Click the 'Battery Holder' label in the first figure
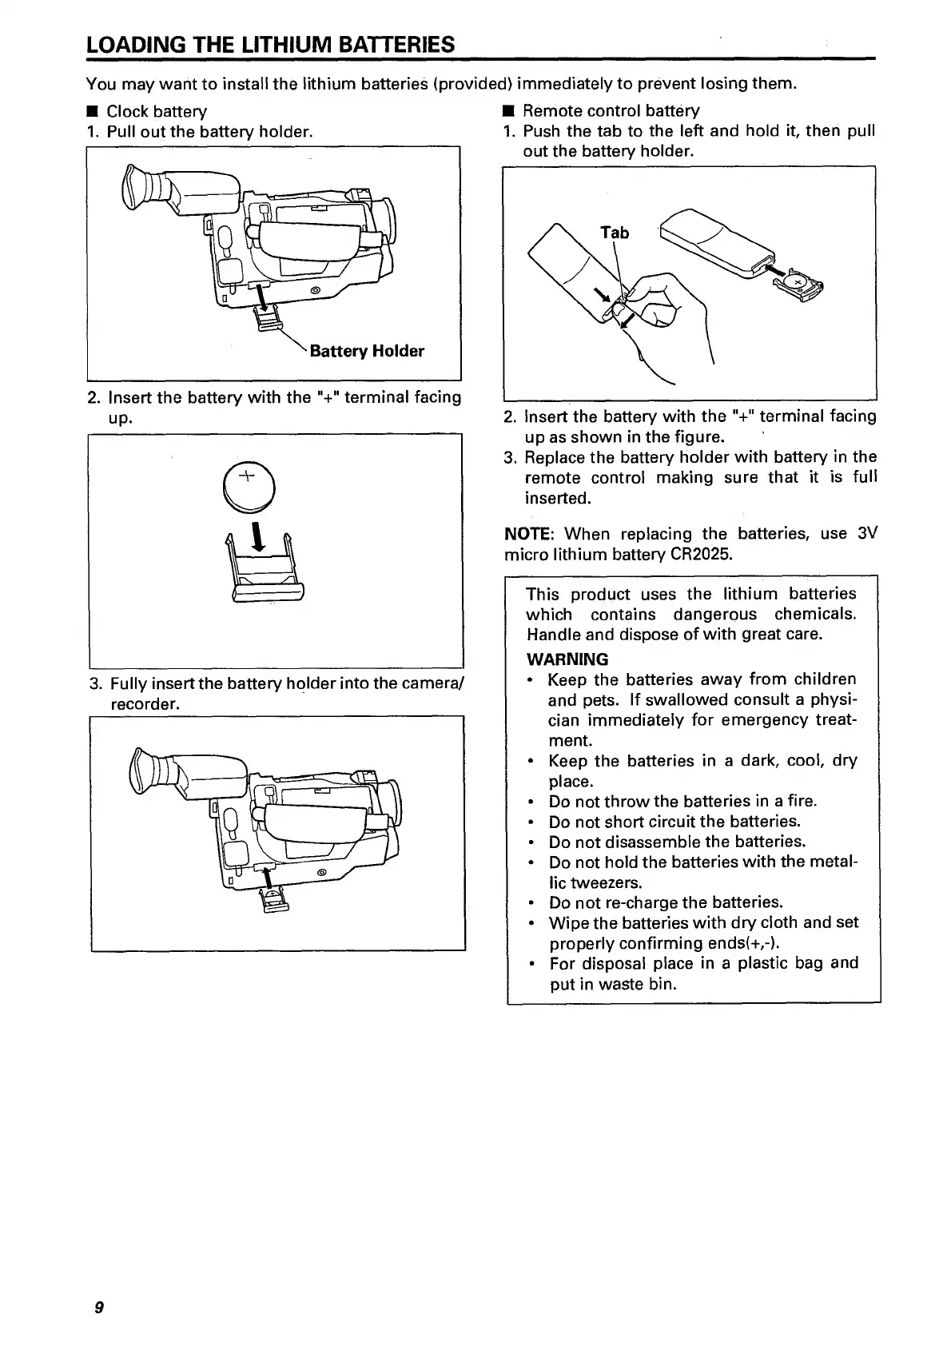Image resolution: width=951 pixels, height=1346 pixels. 367,351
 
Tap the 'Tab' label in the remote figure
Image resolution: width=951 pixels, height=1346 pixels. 615,233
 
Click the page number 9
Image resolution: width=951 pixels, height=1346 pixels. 98,1308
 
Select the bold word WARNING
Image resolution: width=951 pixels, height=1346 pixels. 567,659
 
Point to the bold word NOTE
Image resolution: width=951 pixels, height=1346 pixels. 523,534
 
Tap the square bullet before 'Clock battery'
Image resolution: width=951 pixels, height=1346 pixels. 93,112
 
